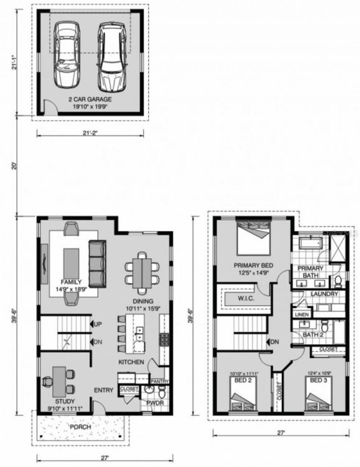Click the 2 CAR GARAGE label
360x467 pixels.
[90, 99]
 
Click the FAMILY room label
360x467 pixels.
[68, 282]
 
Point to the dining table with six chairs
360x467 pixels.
[142, 270]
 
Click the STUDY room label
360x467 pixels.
[65, 401]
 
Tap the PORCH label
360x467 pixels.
[81, 427]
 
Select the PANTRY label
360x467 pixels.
[159, 381]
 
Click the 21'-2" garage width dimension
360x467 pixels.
[90, 132]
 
